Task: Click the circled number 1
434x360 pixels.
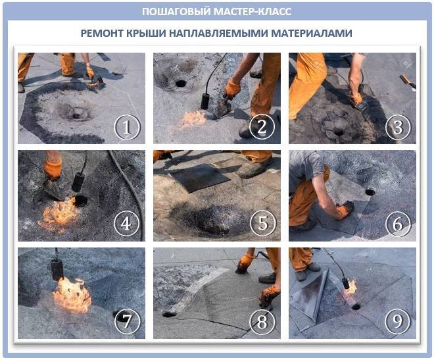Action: coord(128,127)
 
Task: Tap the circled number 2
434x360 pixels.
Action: coord(262,126)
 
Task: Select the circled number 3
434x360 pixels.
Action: coord(398,127)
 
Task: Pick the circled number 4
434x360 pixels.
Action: coord(127,223)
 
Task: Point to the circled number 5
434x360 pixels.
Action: coord(263,223)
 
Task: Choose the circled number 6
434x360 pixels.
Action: coord(398,224)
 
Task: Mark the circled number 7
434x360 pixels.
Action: coord(128,321)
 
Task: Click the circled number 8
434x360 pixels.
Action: coord(262,321)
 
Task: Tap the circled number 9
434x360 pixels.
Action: coord(398,321)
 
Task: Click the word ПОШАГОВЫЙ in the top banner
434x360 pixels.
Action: coord(177,11)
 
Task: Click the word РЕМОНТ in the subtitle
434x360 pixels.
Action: coord(102,33)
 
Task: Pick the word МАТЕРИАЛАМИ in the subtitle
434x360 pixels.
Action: coord(312,33)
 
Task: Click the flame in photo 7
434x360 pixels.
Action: coord(72,295)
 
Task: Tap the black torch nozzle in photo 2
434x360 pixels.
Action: coord(205,101)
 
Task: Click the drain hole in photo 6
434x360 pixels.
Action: coord(370,192)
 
